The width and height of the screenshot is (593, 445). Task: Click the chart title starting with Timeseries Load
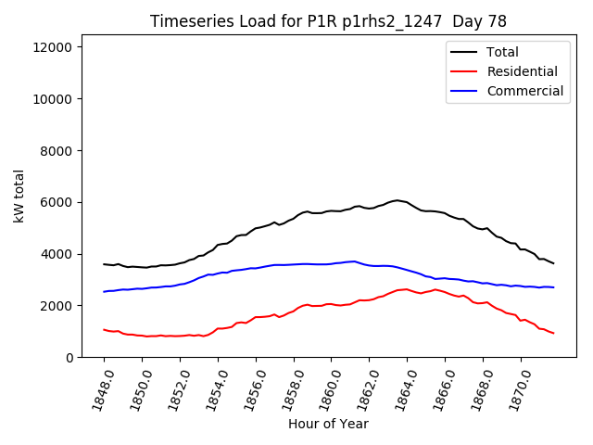[x=329, y=22]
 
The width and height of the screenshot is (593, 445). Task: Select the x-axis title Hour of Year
[x=328, y=424]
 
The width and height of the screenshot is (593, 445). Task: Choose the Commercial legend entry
[x=524, y=91]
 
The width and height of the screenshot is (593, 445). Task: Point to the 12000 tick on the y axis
[x=57, y=47]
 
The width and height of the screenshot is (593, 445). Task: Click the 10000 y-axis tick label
[x=57, y=99]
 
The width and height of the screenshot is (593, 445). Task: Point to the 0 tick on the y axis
[x=71, y=358]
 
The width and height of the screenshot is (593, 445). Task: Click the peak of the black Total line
[x=397, y=200]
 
